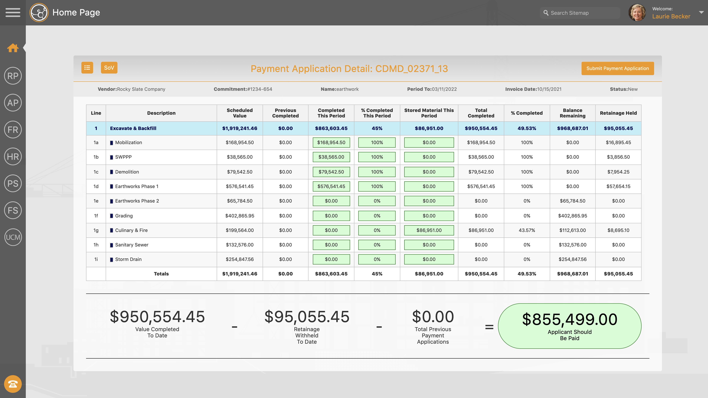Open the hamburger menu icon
13,13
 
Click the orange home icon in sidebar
13,48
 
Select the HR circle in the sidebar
13,157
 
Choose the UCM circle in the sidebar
13,237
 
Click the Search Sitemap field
580,13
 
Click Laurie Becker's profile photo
637,13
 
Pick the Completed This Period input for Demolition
331,172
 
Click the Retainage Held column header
618,113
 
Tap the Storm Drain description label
128,259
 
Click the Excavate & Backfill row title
133,128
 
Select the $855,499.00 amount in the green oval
570,320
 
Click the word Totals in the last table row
161,274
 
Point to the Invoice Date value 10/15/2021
549,89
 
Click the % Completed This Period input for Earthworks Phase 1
377,186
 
